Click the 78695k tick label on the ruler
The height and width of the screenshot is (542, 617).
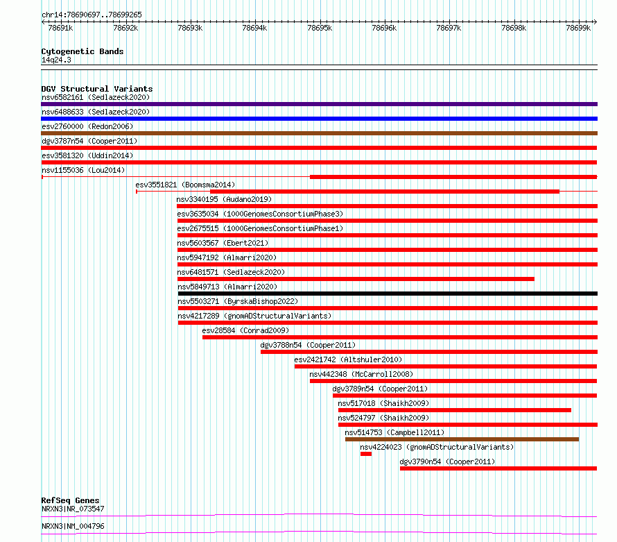(x=320, y=28)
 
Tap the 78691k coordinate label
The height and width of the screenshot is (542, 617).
(x=60, y=28)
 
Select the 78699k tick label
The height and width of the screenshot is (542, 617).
(x=578, y=28)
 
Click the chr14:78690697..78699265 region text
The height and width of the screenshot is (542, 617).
(x=92, y=15)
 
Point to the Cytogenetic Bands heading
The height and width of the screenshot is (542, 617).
(x=82, y=51)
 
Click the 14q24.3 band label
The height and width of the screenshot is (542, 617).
(x=56, y=60)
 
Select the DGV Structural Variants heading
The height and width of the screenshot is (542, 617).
(x=97, y=89)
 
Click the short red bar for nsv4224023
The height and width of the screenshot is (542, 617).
(x=366, y=454)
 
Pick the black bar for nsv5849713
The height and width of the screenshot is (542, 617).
(x=388, y=294)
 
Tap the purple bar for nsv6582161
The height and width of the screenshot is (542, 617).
(x=319, y=104)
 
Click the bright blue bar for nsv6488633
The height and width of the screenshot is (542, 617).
(x=319, y=119)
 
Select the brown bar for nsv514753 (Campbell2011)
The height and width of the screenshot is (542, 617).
(x=462, y=439)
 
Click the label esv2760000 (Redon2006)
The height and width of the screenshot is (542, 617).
(x=87, y=126)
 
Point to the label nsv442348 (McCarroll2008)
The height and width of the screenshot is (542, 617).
(x=361, y=374)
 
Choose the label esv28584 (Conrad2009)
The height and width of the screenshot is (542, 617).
(x=245, y=330)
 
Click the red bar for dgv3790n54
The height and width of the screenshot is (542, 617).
(x=498, y=468)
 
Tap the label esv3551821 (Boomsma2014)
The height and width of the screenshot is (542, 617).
(x=185, y=185)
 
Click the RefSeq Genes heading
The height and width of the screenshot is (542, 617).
(x=71, y=500)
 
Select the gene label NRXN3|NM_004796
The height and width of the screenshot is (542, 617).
(x=73, y=526)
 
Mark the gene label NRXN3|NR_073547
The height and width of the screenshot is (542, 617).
(x=73, y=509)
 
